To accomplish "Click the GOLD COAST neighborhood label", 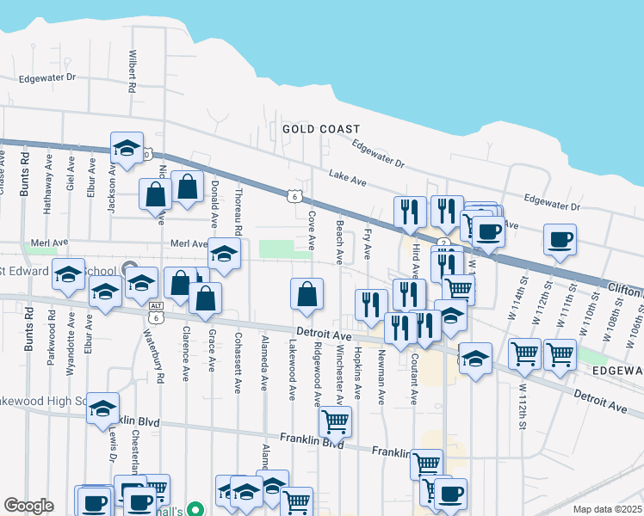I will [321, 129].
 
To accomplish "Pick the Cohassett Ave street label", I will [238, 364].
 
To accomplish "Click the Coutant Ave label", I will [414, 379].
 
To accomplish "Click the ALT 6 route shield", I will [156, 311].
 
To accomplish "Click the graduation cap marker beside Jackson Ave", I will [127, 147].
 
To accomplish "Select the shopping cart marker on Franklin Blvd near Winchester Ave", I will [335, 421].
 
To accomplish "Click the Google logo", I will [28, 506].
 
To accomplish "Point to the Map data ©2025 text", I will [607, 509].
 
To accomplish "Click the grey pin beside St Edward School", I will [129, 267].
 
